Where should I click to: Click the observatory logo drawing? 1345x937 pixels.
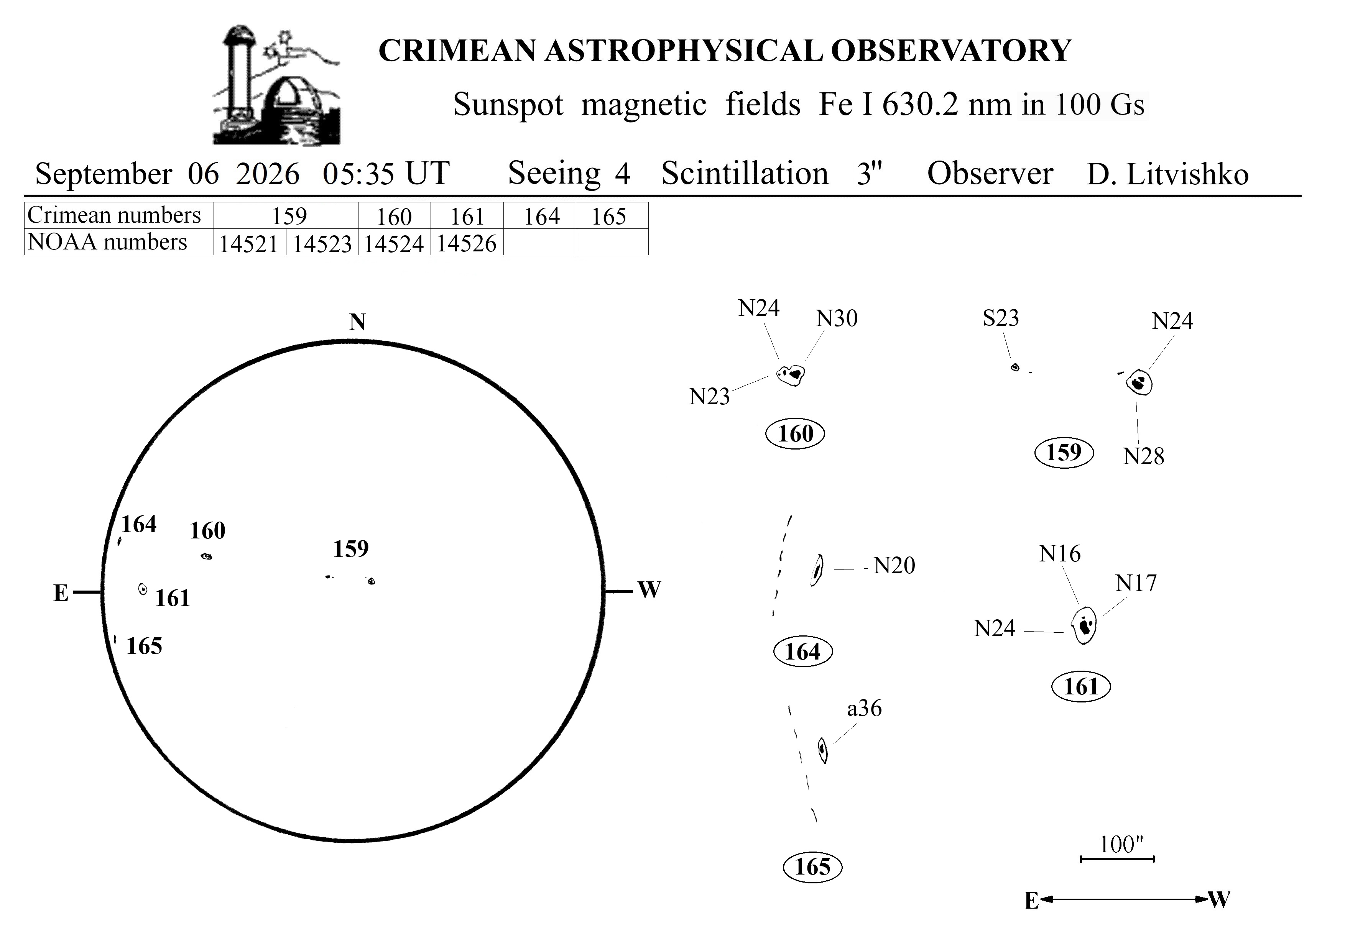276,85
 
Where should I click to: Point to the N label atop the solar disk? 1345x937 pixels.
357,322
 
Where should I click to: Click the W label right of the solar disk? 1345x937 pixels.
649,590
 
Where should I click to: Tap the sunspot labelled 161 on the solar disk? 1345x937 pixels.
142,589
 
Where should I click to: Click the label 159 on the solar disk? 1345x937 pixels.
351,549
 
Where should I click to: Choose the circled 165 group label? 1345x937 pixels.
812,867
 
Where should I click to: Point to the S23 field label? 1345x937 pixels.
1001,318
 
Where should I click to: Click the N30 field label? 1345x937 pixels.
837,318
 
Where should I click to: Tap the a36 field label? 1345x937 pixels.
864,708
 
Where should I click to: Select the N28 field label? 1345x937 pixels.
1143,456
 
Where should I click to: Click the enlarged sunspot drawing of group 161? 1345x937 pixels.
1084,625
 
